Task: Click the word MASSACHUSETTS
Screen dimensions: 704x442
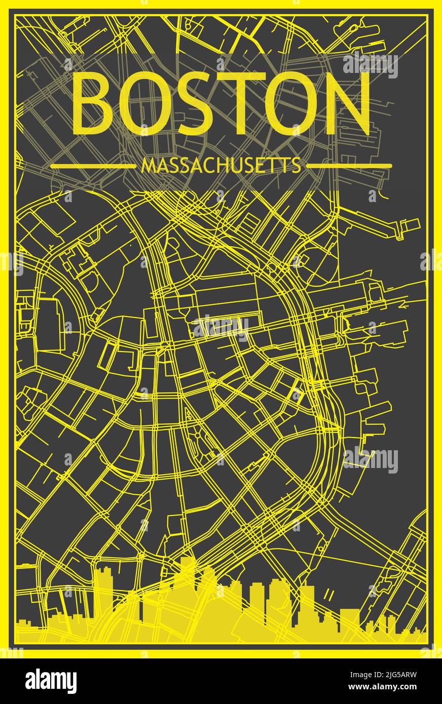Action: point(220,166)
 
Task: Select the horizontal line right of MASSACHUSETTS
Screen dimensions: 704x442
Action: point(349,166)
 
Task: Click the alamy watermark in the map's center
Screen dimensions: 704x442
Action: point(221,326)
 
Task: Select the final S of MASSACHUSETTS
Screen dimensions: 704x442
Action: point(296,166)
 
